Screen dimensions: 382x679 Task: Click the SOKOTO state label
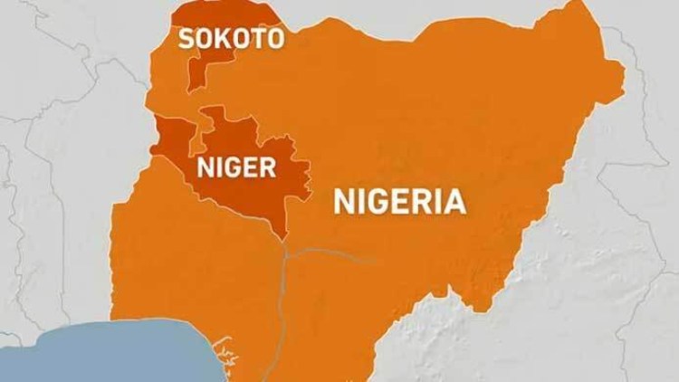point(230,38)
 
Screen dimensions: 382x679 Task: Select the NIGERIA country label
point(400,200)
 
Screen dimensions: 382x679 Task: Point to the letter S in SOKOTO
point(187,38)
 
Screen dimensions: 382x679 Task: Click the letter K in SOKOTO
point(222,38)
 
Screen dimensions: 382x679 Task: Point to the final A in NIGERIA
point(454,200)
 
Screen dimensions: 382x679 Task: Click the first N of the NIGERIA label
point(345,200)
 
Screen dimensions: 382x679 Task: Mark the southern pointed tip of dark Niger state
point(286,238)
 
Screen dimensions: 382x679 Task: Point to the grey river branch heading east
point(335,252)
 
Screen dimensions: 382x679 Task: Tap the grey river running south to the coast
point(280,308)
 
